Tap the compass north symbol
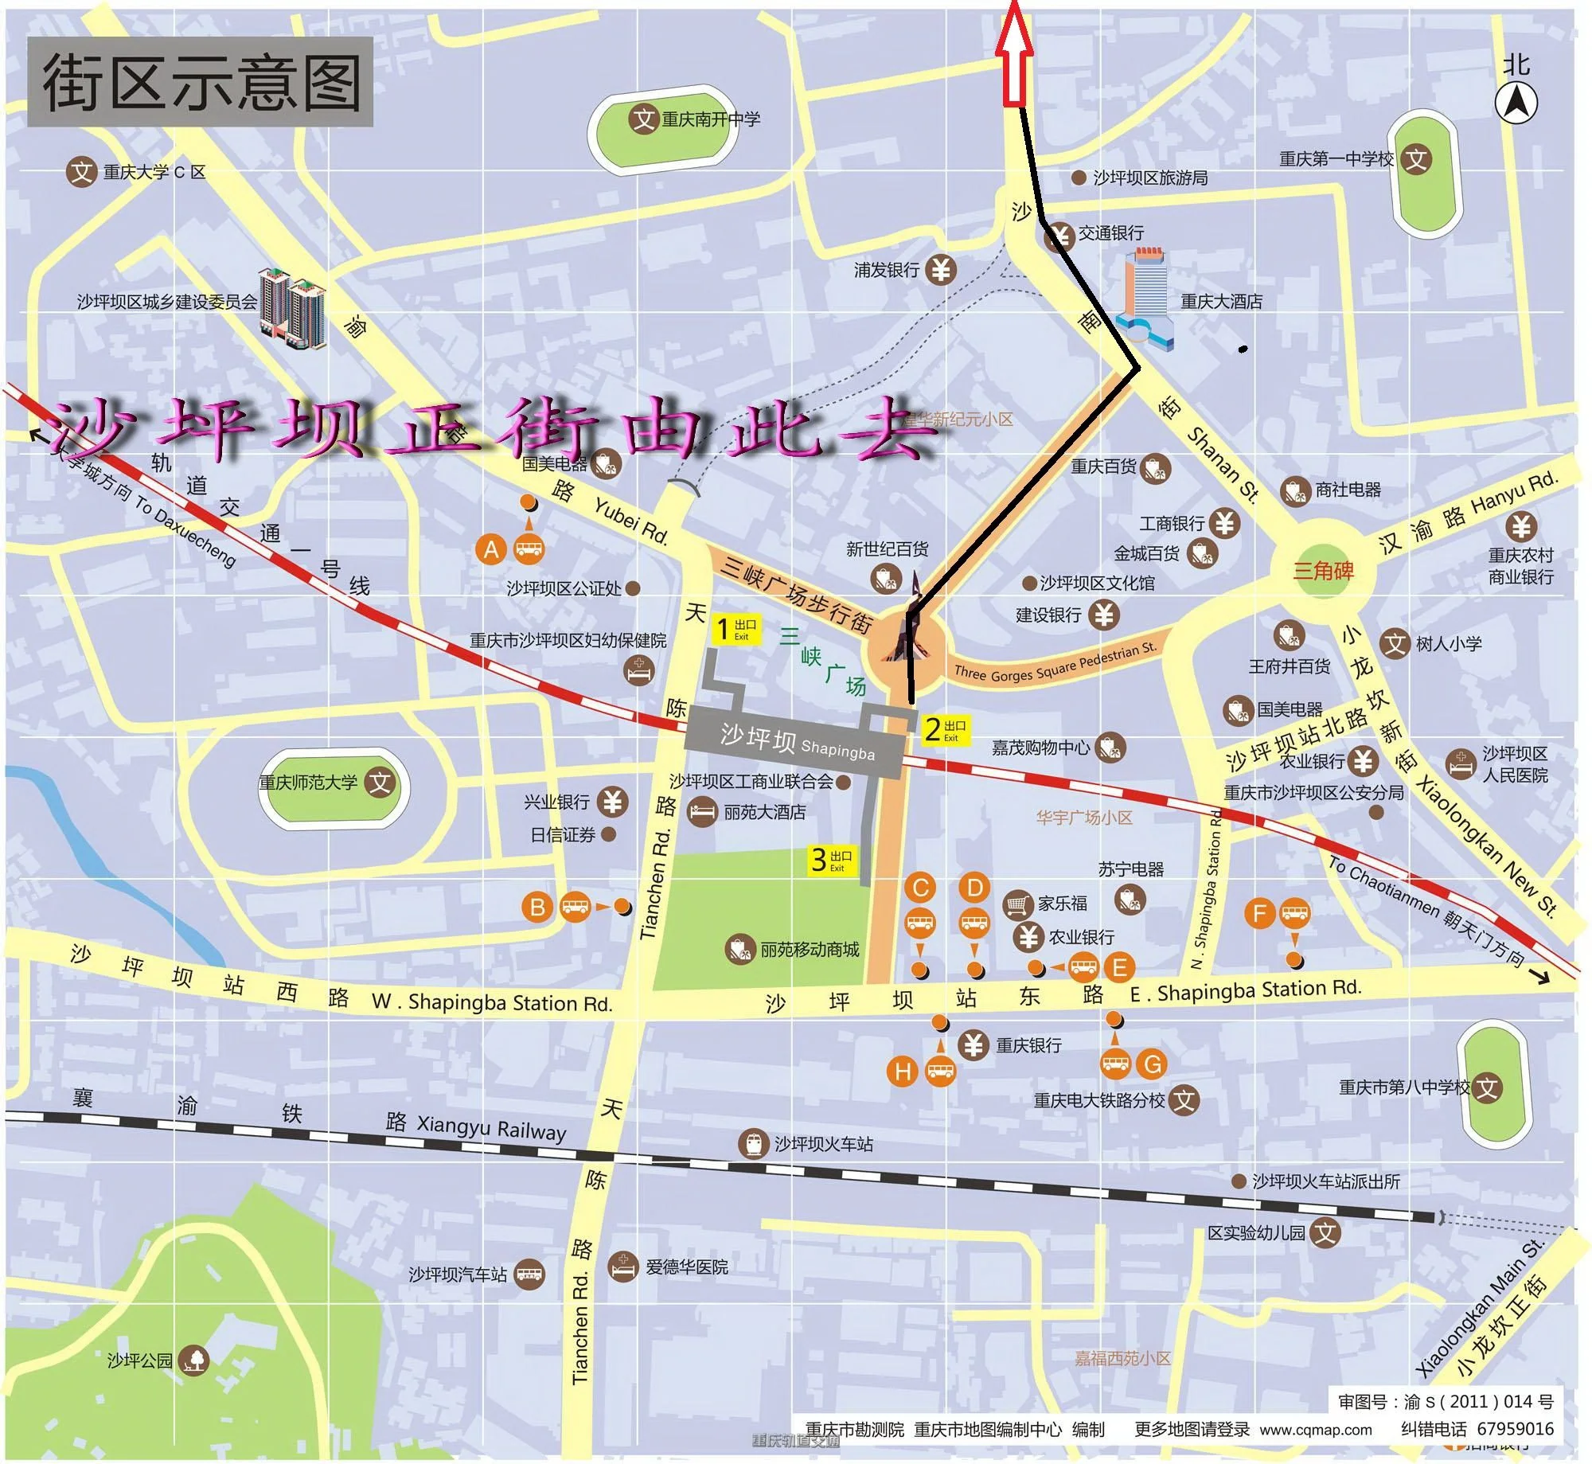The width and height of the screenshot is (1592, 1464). pos(1516,103)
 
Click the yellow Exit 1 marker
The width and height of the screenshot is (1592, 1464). pos(735,629)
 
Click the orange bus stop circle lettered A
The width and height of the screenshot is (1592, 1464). pos(491,549)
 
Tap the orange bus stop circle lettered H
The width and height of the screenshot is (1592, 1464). pos(903,1072)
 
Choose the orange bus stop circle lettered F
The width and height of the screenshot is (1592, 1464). pos(1259,912)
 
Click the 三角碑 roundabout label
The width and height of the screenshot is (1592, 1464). pos(1322,570)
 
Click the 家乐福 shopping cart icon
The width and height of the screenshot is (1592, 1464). pos(1017,904)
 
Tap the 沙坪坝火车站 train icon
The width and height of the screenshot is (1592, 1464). pos(752,1144)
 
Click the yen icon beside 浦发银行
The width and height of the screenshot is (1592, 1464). pos(942,271)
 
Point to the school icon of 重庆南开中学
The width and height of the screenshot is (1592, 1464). pos(643,119)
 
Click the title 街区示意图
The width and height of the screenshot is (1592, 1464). pos(201,82)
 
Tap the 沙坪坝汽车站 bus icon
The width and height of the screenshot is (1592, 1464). pos(529,1275)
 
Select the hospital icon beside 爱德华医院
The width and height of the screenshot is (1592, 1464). pos(623,1267)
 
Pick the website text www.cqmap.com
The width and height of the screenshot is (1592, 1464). pos(1316,1430)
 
